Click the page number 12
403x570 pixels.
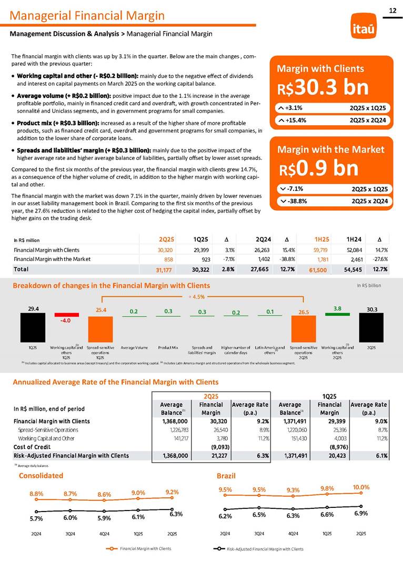point(392,10)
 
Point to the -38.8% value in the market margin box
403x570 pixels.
point(297,201)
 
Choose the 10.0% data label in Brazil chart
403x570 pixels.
point(361,487)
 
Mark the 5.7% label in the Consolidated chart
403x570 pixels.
point(36,519)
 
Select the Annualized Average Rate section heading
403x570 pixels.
point(115,381)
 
